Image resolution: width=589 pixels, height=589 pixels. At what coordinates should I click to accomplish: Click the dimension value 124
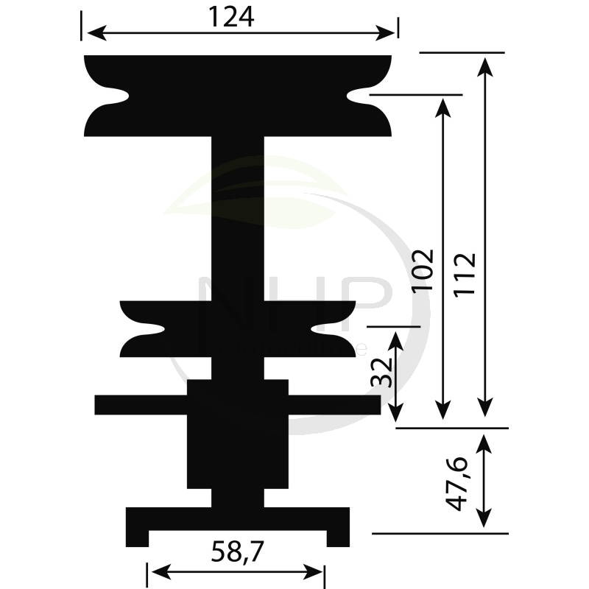pos(231,16)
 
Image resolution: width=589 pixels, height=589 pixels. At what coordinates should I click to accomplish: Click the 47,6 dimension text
pos(458,483)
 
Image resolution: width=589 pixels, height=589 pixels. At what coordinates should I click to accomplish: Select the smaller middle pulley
pos(237,329)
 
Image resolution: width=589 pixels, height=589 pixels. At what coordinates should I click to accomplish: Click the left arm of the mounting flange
pos(140,405)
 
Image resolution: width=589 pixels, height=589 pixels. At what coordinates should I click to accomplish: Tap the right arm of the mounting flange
pos(334,405)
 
